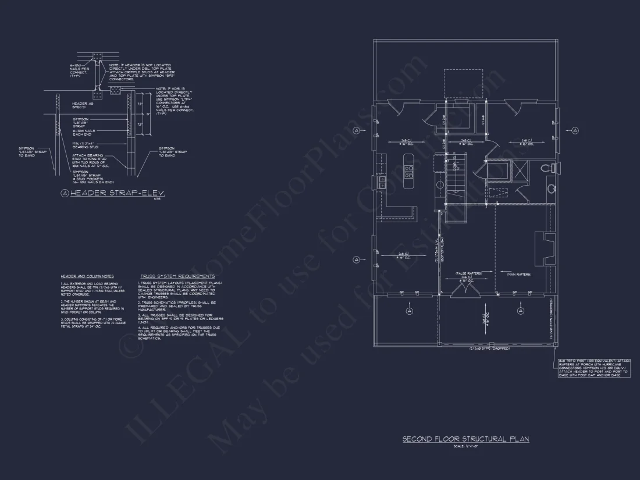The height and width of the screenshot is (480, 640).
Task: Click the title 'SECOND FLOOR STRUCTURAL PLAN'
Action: pos(465,439)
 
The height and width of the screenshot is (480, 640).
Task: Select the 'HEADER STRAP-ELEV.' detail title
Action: pos(117,193)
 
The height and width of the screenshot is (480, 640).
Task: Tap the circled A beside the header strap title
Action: pos(65,193)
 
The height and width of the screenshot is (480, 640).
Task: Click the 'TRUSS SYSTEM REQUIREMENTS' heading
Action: pos(177,276)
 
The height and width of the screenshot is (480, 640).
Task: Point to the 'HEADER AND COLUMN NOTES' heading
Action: pos(87,276)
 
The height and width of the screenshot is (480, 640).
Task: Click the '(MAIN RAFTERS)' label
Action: pos(518,273)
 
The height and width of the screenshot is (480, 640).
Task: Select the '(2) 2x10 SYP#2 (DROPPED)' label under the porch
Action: pos(489,349)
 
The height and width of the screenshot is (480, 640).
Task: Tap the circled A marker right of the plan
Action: pos(574,130)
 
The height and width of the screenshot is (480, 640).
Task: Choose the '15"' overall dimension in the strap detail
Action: pos(148,115)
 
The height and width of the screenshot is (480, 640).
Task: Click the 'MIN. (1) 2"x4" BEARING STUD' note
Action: pos(86,145)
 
